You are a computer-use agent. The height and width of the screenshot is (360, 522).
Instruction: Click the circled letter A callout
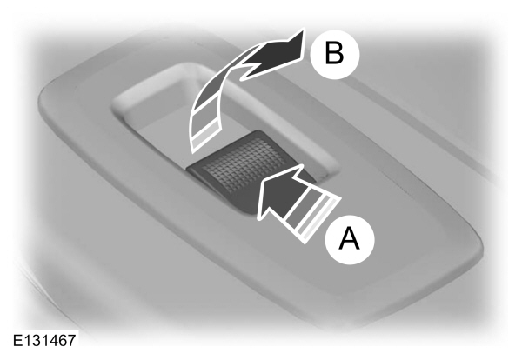[x=350, y=240]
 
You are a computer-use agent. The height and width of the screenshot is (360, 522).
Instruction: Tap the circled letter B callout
[x=335, y=54]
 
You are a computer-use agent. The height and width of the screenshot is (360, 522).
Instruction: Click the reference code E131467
[x=44, y=340]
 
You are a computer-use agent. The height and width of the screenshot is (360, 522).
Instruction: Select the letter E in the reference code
[x=17, y=340]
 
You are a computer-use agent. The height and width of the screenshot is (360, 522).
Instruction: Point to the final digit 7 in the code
[x=71, y=340]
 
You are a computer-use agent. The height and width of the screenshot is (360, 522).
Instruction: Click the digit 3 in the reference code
[x=36, y=340]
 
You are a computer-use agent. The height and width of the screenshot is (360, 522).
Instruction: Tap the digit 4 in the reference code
[x=53, y=340]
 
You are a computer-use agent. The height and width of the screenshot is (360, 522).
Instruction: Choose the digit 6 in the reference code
[x=63, y=340]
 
